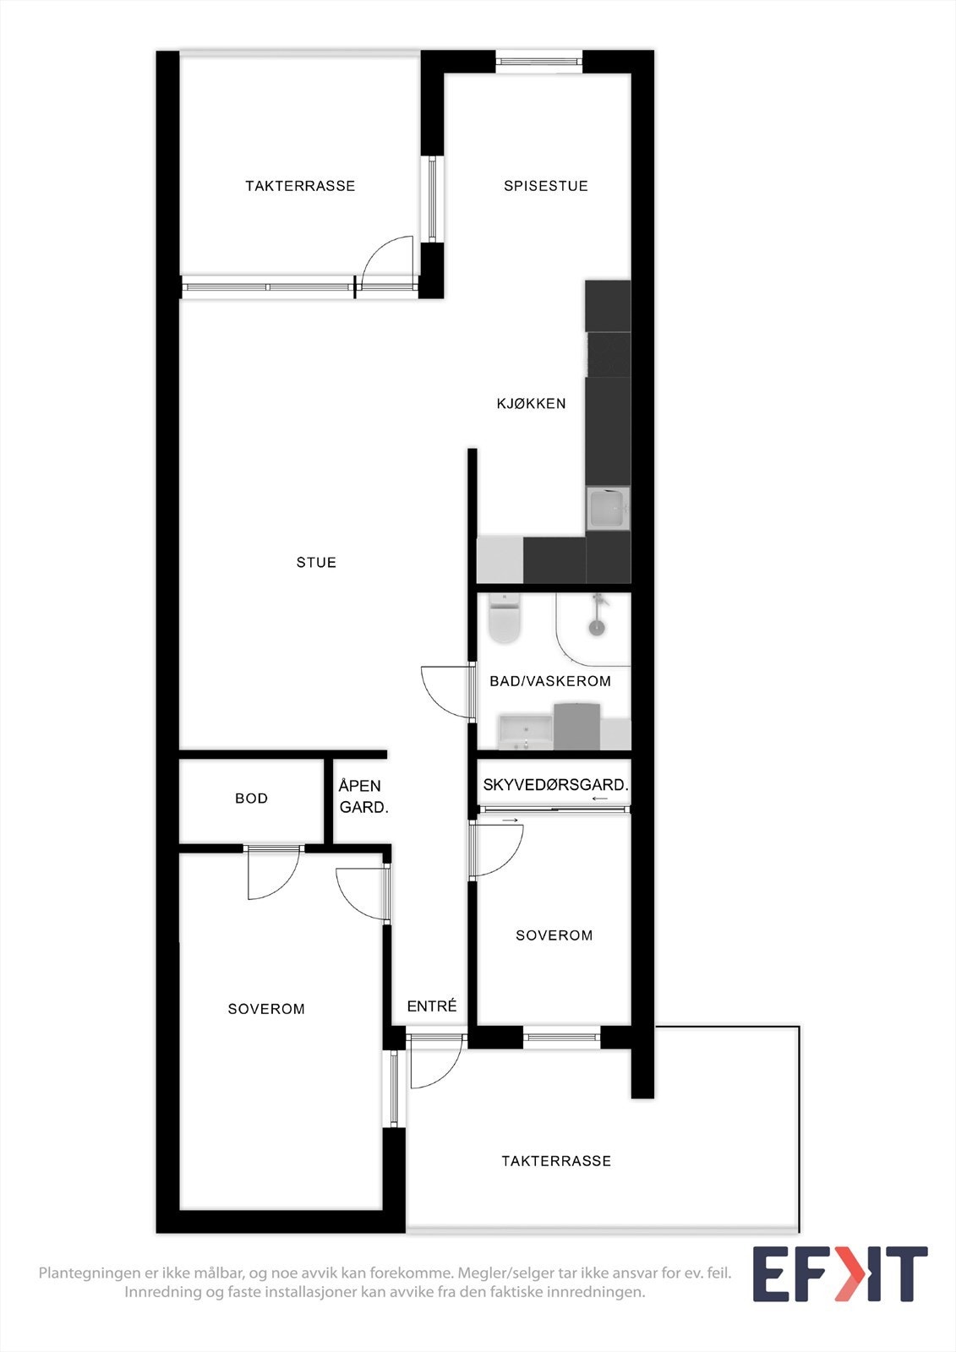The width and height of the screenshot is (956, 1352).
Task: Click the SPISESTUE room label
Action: coord(545,186)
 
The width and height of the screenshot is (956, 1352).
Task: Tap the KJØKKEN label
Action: coord(531,404)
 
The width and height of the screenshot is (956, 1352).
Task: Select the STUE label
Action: coord(316,563)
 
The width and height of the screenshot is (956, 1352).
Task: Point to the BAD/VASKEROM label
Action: coord(550,681)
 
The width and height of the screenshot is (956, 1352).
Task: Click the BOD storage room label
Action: coord(251,799)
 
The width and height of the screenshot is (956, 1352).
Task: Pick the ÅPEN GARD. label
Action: coord(363,797)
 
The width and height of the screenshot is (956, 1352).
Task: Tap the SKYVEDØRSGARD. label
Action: coord(555,785)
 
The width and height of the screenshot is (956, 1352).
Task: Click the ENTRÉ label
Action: coord(431,1006)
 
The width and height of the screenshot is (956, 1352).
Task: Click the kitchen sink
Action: coord(608,509)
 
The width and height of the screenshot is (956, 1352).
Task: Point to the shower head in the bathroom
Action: coord(597,625)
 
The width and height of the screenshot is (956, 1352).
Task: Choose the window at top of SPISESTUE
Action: coord(538,61)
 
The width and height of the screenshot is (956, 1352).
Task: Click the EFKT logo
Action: coord(839,1274)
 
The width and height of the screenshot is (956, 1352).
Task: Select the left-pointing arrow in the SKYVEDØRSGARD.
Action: coord(600,799)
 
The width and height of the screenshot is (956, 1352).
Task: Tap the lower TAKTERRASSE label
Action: coord(555,1161)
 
